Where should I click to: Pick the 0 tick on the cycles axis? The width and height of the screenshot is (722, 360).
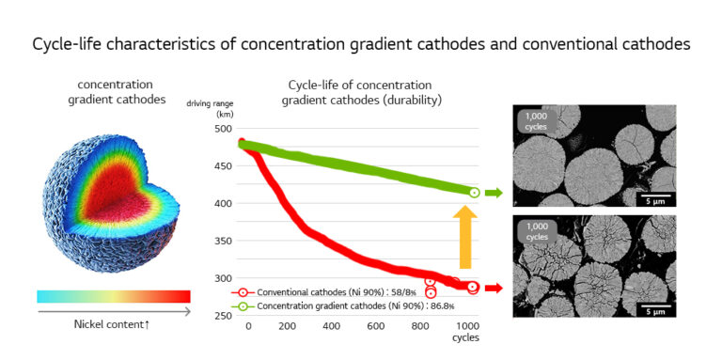click(248, 325)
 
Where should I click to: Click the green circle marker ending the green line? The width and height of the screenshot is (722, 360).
click(475, 193)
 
